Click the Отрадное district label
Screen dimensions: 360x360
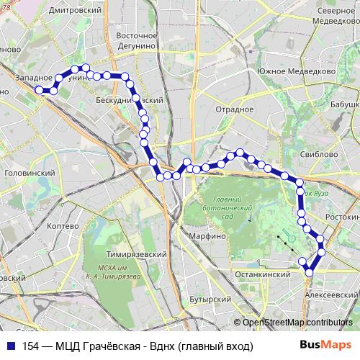pos(232,110)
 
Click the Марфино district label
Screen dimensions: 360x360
pos(208,235)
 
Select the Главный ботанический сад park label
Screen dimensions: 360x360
pos(230,208)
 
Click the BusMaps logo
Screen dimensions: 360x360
pos(329,346)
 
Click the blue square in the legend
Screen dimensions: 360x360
pos(11,346)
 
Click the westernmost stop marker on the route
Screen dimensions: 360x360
pos(39,90)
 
